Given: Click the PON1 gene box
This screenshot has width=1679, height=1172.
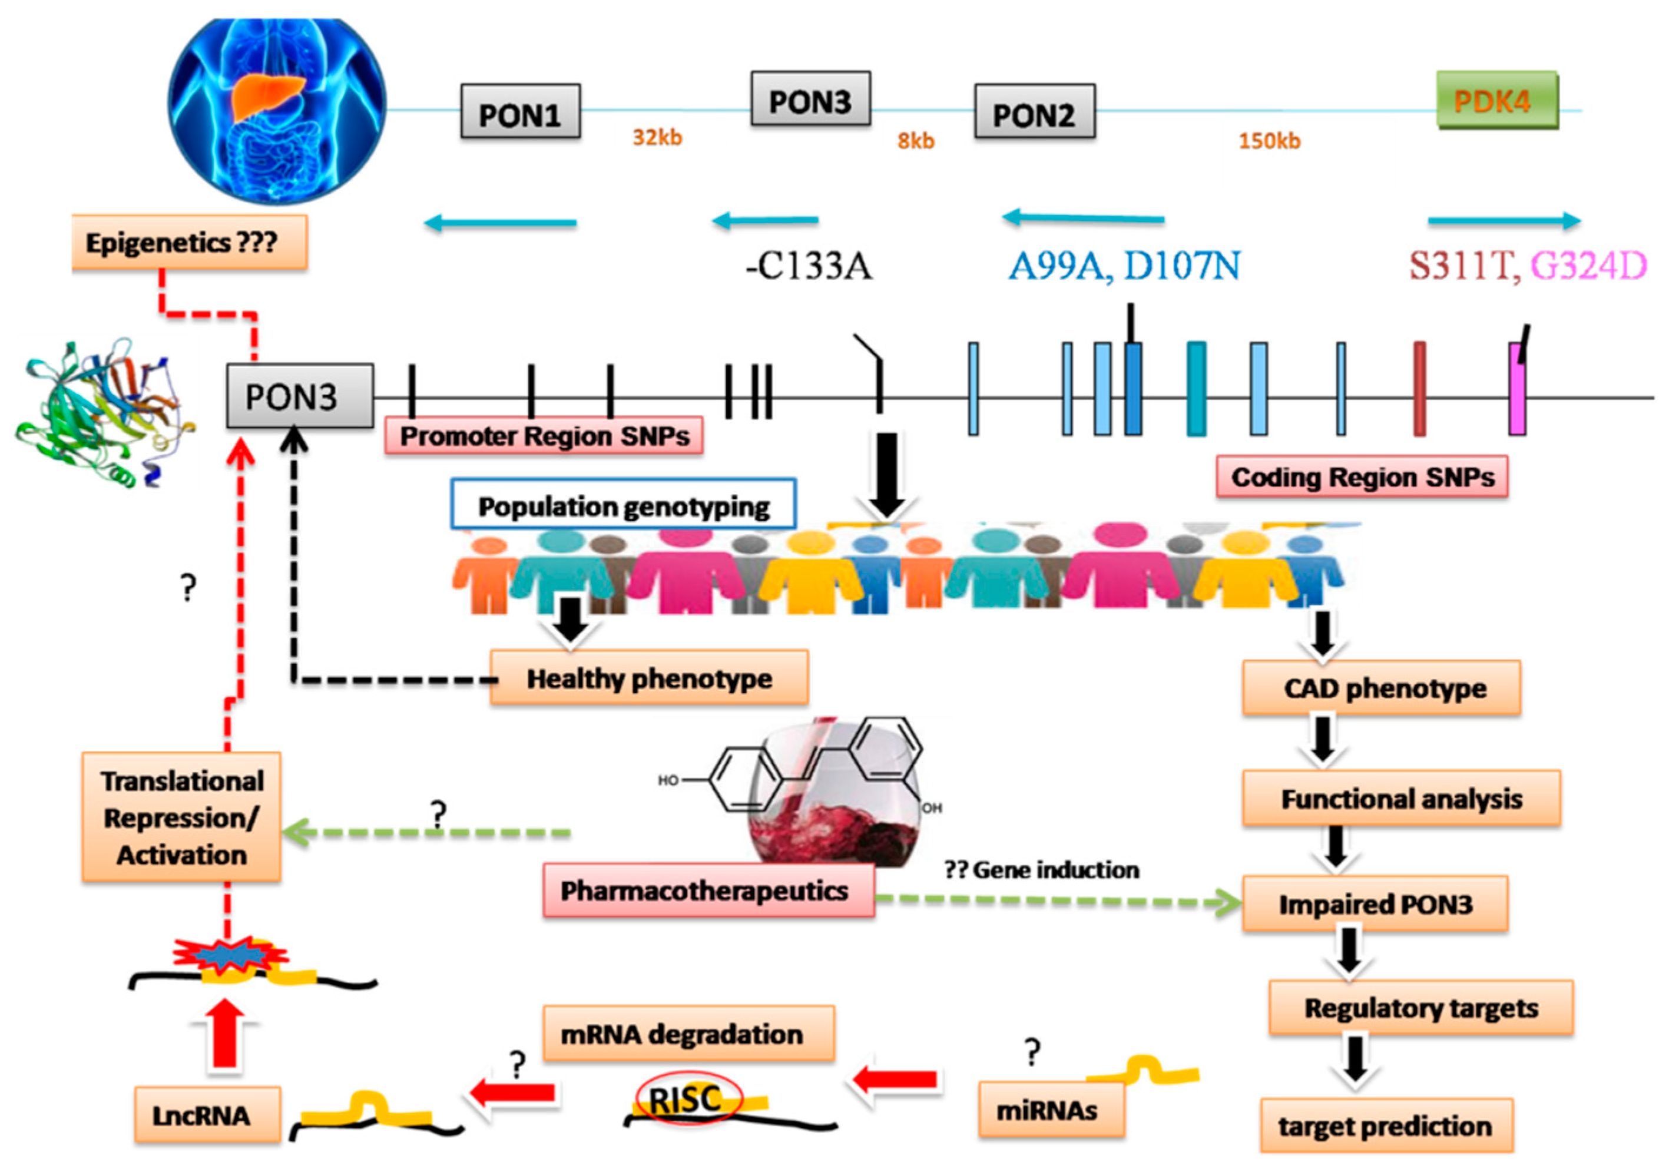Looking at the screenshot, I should point(520,112).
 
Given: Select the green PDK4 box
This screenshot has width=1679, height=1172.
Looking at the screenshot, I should point(1496,100).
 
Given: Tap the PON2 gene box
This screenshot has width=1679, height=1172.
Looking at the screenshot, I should point(1034,112).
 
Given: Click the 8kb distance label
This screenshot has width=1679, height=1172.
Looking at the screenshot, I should point(916,140).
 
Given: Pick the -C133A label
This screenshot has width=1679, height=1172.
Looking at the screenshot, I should point(809,266).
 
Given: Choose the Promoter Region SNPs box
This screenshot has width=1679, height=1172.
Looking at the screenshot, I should point(544,436).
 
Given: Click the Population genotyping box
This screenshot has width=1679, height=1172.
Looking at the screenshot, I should point(623,505).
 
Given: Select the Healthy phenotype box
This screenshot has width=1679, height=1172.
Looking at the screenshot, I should point(648,678).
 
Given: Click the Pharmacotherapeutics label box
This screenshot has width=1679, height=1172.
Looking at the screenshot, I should point(707,890).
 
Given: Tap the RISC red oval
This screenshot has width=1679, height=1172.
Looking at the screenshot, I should point(688,1098).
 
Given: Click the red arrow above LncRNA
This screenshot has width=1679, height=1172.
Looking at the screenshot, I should point(224,1035).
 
